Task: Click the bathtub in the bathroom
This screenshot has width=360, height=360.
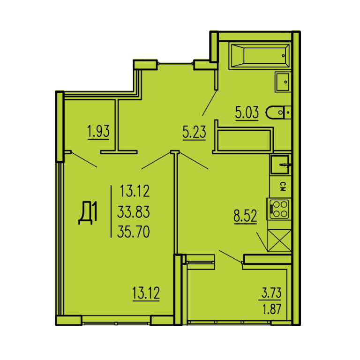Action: click(x=260, y=55)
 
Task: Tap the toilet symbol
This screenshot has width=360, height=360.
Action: click(x=278, y=112)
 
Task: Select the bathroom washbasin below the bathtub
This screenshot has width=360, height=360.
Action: click(x=283, y=82)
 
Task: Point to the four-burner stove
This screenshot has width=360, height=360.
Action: click(x=279, y=209)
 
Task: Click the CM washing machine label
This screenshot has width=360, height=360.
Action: click(x=283, y=187)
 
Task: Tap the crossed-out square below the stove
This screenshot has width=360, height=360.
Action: click(x=279, y=240)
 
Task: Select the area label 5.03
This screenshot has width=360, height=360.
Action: click(x=247, y=112)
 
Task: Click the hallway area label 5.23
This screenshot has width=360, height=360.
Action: click(x=194, y=132)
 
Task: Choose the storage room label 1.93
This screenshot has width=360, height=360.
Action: click(x=98, y=131)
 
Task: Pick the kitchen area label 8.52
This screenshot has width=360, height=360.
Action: click(x=245, y=216)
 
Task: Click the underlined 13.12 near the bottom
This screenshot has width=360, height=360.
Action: click(x=146, y=292)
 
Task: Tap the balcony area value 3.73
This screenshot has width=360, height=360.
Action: click(x=271, y=292)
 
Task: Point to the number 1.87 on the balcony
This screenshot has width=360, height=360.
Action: click(x=272, y=309)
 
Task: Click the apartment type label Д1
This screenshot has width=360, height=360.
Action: click(x=88, y=213)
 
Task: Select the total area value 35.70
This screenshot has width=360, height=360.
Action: click(x=134, y=232)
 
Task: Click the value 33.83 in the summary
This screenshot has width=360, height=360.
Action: click(x=134, y=211)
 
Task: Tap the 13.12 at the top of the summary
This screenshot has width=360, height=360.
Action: click(x=135, y=191)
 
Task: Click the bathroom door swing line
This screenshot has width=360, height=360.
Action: click(x=210, y=103)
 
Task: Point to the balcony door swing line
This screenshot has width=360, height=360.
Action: click(x=231, y=256)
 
